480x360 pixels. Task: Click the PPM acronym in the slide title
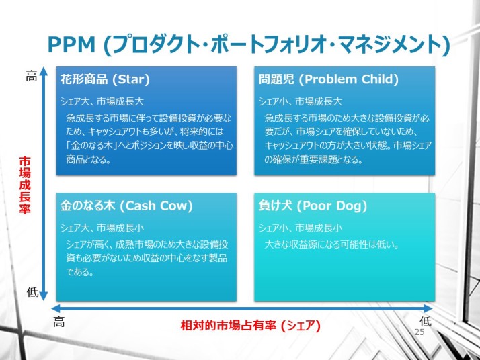[x=72, y=44]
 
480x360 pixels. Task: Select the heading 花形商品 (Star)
[x=105, y=79]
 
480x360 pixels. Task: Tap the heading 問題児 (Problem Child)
[x=329, y=79]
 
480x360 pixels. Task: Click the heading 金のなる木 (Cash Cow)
[x=126, y=206]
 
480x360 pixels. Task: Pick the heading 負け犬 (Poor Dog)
[x=313, y=206]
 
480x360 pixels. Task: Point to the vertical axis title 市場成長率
[x=25, y=185]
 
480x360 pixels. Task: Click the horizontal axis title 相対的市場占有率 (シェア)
[x=250, y=326]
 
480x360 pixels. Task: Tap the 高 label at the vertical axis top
[x=31, y=76]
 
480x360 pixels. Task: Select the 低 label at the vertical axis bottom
[x=32, y=292]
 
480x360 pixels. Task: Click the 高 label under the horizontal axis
[x=58, y=322]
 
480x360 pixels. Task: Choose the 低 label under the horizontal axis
[x=426, y=322]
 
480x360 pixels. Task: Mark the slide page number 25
[x=419, y=332]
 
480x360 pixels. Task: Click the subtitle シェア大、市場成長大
[x=102, y=101]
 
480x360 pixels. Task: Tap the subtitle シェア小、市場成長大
[x=301, y=101]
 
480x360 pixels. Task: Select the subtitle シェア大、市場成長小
[x=102, y=228]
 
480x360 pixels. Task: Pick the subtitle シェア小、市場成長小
[x=301, y=228]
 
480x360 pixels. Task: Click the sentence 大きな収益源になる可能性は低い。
[x=332, y=244]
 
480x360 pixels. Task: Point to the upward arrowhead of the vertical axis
[x=44, y=71]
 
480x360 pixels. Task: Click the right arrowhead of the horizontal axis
[x=428, y=308]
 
